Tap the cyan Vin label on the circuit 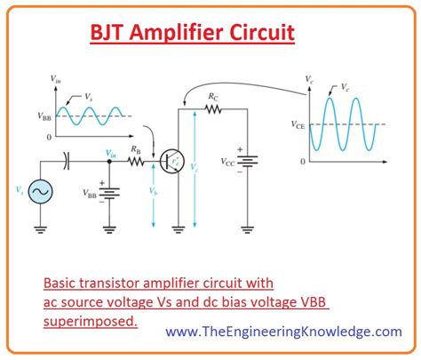click(111, 154)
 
